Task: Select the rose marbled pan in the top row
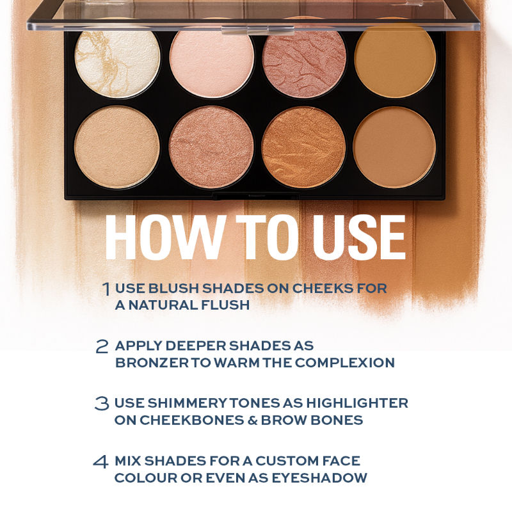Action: (x=304, y=63)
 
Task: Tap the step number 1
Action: (x=106, y=289)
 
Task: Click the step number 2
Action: (x=102, y=346)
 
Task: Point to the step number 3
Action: (x=102, y=404)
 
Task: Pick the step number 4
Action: (x=102, y=461)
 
